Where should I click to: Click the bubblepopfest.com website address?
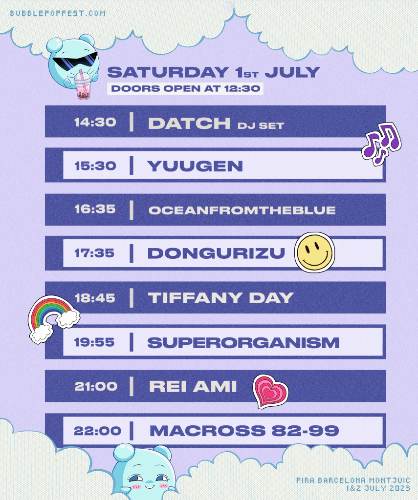click(x=58, y=13)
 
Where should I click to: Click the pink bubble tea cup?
click(x=83, y=84)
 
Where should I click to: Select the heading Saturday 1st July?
click(x=213, y=72)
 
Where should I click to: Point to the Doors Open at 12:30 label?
click(x=185, y=89)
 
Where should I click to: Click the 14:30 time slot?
click(x=95, y=122)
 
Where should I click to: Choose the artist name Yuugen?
click(x=195, y=166)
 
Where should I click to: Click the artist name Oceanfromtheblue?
click(x=242, y=210)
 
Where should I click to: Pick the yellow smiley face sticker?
click(x=314, y=252)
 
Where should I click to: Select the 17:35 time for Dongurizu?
click(x=94, y=253)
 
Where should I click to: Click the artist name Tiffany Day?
click(x=220, y=298)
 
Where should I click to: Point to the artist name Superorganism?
click(x=243, y=343)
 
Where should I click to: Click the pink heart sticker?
click(x=270, y=392)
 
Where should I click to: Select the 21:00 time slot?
click(x=96, y=387)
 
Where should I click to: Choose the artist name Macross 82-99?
click(x=244, y=431)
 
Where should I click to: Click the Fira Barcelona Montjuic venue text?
click(x=353, y=480)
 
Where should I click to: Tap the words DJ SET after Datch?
click(x=261, y=125)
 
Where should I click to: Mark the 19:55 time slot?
click(x=94, y=342)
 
